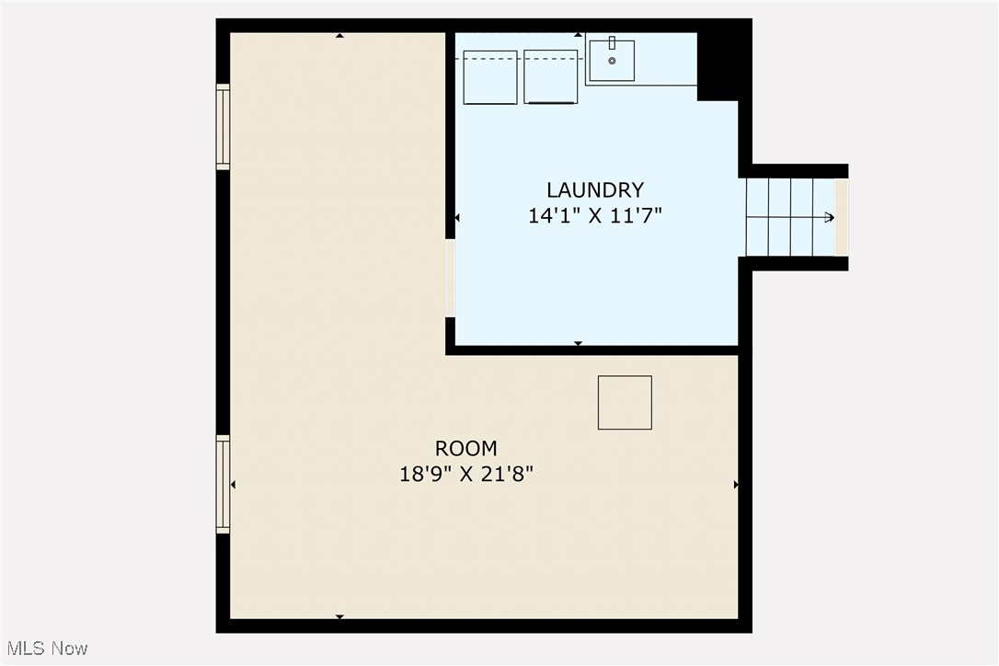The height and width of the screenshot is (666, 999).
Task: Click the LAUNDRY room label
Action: click(595, 190)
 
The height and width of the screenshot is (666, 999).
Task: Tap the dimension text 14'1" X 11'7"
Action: click(595, 216)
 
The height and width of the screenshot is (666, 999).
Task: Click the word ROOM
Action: click(466, 449)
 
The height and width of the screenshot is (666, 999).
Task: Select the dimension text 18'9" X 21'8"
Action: click(466, 475)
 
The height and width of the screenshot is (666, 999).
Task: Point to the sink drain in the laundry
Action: click(612, 61)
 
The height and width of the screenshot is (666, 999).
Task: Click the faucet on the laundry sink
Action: click(612, 42)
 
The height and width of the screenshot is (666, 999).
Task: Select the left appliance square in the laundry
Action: click(490, 77)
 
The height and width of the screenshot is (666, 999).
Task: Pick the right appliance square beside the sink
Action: click(551, 77)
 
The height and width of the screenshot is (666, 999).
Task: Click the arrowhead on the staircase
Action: click(830, 217)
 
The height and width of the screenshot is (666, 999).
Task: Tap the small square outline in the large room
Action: click(625, 402)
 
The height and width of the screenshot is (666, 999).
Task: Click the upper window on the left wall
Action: click(223, 127)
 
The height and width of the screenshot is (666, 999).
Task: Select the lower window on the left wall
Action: click(223, 485)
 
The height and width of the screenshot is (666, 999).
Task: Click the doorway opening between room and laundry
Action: click(450, 278)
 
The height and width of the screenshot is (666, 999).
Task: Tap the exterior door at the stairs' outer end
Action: click(842, 217)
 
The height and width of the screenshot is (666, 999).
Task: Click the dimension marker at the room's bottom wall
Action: click(339, 616)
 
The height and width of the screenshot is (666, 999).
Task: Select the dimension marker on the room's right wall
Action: click(736, 485)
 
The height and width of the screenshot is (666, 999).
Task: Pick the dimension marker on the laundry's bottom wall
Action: click(578, 343)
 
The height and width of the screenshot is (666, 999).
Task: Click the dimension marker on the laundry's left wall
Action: click(457, 218)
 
